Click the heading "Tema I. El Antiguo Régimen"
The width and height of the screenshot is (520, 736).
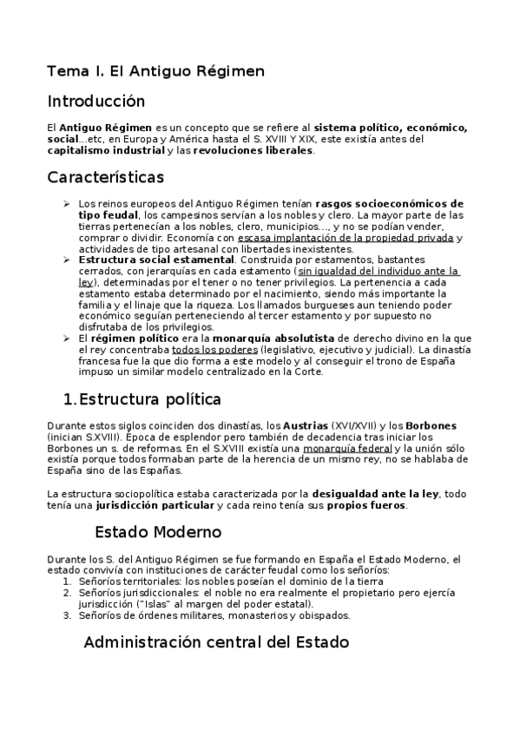point(155,69)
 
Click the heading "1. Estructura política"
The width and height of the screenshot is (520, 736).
point(142,399)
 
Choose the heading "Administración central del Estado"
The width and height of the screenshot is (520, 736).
point(216,643)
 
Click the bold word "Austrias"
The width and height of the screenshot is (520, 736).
point(306,426)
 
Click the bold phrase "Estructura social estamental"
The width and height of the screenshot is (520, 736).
point(155,260)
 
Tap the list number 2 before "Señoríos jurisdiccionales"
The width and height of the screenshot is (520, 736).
point(67,592)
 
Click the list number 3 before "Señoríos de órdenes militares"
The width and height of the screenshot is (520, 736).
point(67,615)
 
